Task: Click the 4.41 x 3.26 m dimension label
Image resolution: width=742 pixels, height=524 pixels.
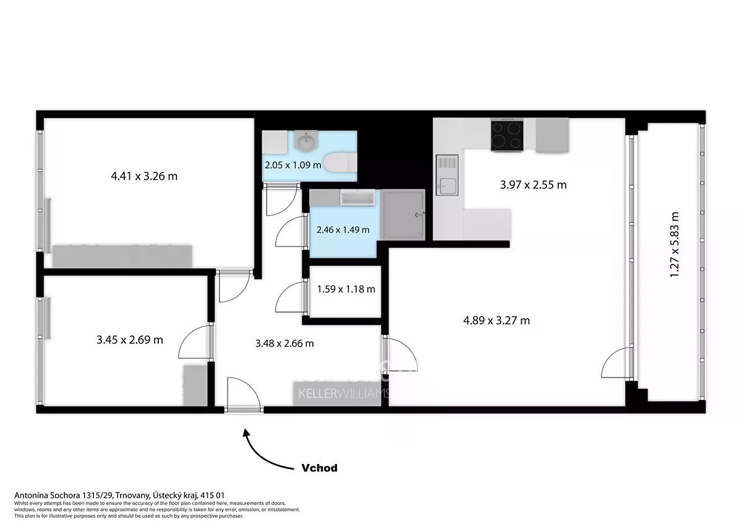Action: click(x=144, y=176)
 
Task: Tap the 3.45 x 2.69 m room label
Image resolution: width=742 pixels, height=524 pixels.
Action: click(x=129, y=340)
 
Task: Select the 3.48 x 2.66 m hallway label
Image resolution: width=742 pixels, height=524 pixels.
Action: click(x=284, y=344)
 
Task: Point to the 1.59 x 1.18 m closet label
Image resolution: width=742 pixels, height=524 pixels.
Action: click(x=346, y=289)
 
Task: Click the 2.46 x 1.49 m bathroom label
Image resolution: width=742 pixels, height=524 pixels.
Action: click(x=343, y=230)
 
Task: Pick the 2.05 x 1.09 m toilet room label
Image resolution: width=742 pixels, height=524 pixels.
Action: click(x=293, y=165)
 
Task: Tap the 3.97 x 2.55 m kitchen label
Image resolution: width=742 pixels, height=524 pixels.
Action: click(x=533, y=185)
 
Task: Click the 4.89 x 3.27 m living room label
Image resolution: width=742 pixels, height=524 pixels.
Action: click(x=496, y=321)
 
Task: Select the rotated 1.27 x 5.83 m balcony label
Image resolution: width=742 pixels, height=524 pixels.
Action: click(x=675, y=245)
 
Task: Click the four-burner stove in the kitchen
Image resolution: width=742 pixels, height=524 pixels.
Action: click(x=507, y=135)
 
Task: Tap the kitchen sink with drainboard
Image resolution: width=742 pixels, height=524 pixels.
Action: click(x=447, y=175)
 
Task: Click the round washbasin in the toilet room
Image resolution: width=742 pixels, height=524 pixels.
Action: click(x=307, y=141)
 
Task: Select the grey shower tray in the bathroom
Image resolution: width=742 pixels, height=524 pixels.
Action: click(x=403, y=214)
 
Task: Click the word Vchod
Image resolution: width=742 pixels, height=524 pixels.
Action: click(x=319, y=468)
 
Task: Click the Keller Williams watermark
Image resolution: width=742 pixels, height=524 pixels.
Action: click(x=344, y=394)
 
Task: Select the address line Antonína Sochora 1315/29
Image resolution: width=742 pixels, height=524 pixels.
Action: click(x=64, y=496)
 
